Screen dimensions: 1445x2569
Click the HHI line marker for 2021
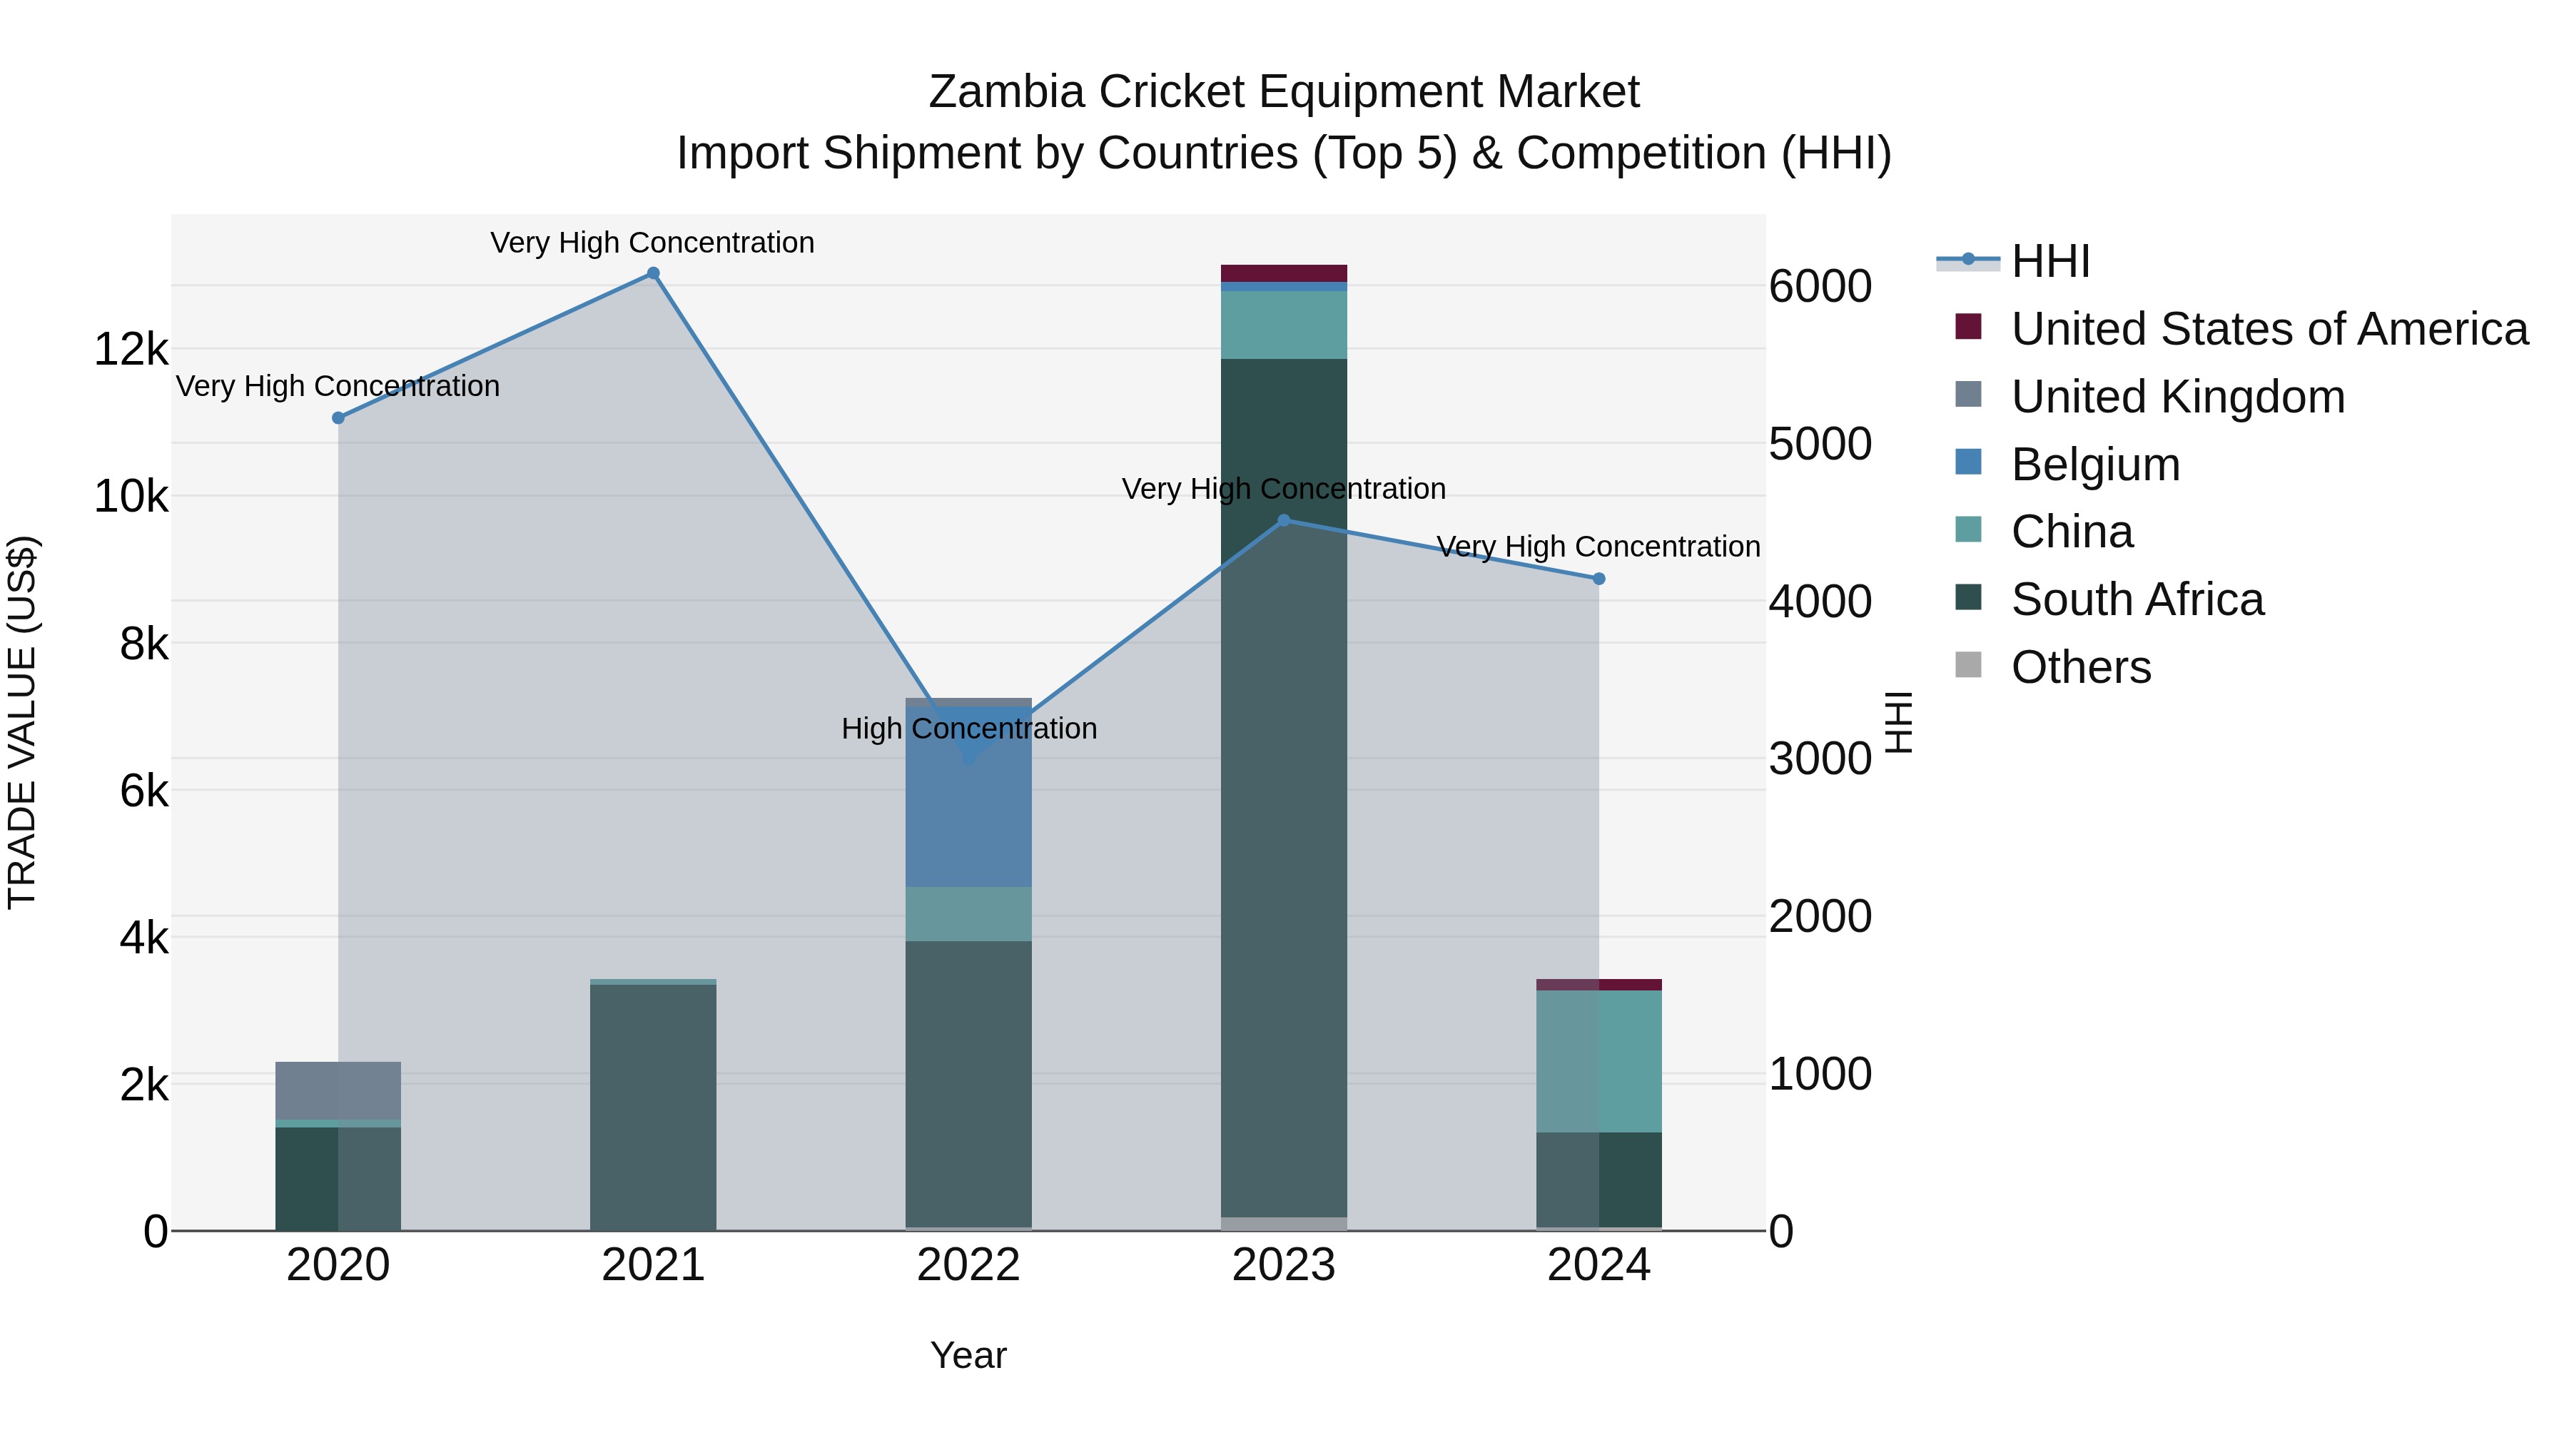[652, 273]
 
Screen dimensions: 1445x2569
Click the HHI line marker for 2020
[338, 418]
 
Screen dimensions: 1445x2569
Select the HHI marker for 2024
[1598, 579]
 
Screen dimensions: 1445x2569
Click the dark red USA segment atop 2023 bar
[1284, 273]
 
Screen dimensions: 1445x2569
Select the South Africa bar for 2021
[652, 1107]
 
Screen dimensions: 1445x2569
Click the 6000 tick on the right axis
[1820, 286]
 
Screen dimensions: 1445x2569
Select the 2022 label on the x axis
[968, 1265]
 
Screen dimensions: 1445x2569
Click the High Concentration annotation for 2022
[968, 729]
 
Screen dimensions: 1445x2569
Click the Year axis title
[968, 1355]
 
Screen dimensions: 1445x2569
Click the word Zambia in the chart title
[1005, 92]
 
